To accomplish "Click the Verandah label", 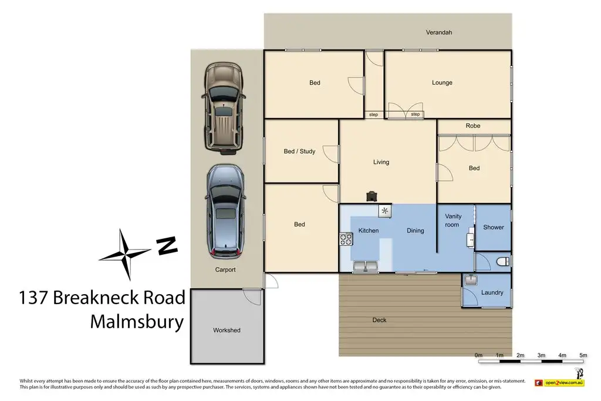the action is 439,33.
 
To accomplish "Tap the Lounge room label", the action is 442,82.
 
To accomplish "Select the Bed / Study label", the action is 299,151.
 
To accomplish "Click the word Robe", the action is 473,126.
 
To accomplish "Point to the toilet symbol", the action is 503,262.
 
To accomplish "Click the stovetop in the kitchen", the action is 346,239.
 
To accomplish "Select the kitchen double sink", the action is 366,266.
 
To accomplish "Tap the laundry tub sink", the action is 471,280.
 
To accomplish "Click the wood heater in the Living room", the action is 372,196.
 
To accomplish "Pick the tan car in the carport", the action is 224,108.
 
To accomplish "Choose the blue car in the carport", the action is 225,212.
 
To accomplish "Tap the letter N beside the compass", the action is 167,246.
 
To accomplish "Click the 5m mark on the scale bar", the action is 583,355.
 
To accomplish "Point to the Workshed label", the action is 227,330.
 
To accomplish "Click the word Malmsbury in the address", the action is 137,322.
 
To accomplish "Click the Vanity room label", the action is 453,220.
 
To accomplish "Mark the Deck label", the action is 379,320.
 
